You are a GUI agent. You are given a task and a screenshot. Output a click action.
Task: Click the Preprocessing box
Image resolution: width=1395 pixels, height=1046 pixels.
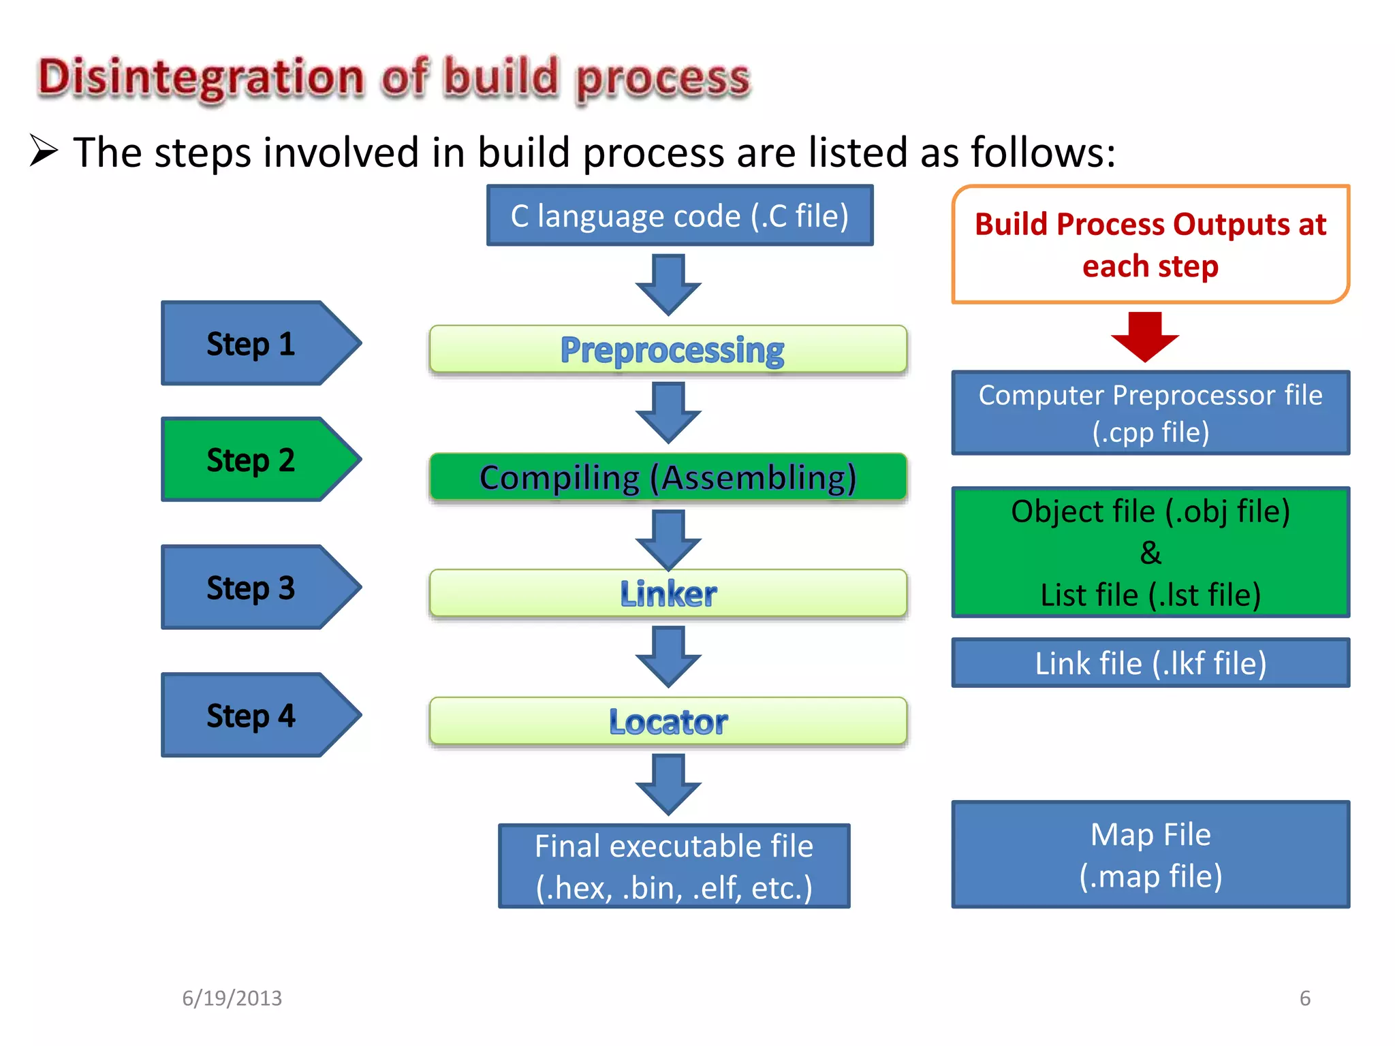[668, 349]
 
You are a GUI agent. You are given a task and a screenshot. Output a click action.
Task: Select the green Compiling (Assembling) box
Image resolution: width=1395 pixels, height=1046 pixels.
[668, 477]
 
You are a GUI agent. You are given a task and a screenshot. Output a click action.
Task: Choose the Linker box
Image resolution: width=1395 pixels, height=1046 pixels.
[668, 593]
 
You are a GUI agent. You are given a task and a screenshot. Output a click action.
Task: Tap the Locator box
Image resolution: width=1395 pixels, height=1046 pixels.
[668, 720]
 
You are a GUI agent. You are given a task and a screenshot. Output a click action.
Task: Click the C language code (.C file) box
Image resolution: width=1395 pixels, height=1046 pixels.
[680, 215]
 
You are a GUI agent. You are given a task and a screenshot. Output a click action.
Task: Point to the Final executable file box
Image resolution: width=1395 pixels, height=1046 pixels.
[674, 866]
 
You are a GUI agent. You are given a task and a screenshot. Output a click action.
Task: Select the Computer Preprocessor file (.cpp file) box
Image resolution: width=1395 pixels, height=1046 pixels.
[1150, 413]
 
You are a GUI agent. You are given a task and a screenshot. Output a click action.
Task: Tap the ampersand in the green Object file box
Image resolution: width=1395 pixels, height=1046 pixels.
[1150, 552]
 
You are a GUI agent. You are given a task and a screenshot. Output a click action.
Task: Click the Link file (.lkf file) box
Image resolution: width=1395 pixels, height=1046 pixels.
[1150, 663]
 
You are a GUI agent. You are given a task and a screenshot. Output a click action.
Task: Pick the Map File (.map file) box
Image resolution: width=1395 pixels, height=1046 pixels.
[1150, 855]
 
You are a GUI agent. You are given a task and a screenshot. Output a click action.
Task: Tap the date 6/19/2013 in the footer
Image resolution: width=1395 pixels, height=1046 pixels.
[232, 998]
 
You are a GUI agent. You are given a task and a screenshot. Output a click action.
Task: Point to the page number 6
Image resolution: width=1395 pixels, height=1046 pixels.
[1304, 998]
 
